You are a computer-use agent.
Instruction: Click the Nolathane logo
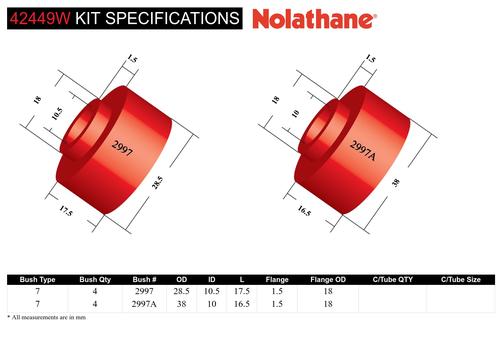[314, 19]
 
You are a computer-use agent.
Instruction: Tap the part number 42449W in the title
[40, 18]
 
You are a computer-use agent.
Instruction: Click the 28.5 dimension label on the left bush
[157, 183]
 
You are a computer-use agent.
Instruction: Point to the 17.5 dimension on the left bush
[66, 211]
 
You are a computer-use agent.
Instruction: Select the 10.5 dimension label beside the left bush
[57, 114]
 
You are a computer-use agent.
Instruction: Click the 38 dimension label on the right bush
[396, 182]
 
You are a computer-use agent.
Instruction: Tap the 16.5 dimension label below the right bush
[304, 211]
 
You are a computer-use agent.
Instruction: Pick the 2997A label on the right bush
[363, 150]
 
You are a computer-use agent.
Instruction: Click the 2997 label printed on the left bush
[122, 148]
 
